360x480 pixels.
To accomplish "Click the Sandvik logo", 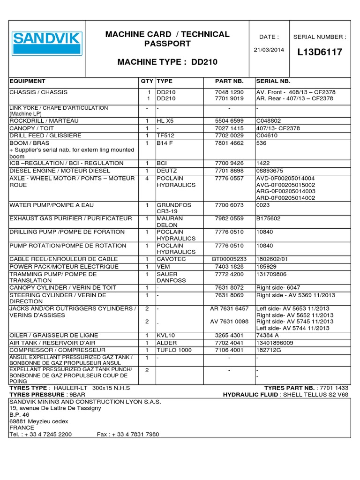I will tap(47, 44).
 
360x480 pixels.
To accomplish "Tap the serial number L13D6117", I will tap(320, 52).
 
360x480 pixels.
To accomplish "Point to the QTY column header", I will tap(147, 81).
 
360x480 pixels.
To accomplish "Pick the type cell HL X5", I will tap(165, 121).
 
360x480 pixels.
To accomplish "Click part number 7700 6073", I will tap(229, 205).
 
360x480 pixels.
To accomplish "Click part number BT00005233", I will tap(229, 259).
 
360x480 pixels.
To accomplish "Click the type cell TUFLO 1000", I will tap(174, 350).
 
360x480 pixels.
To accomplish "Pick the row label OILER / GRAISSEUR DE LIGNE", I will tap(54, 336).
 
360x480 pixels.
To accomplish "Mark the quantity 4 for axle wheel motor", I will tap(147, 179).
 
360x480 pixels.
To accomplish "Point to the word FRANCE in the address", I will tap(22, 427).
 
